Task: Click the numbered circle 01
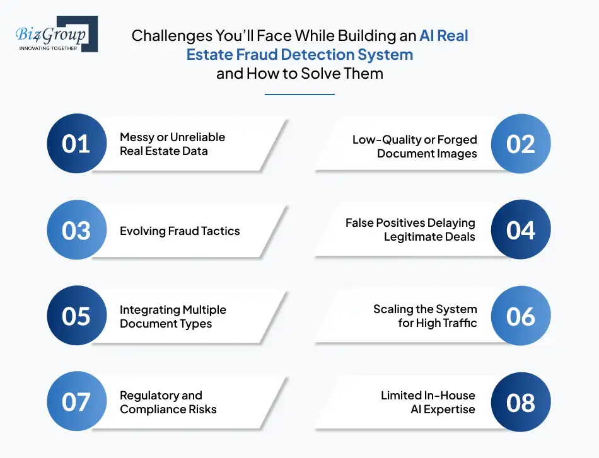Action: (76, 144)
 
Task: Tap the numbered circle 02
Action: (521, 144)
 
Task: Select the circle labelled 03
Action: (76, 230)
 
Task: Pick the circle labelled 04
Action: (521, 230)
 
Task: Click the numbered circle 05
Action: (76, 316)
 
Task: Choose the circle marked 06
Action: (521, 316)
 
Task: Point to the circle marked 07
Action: (76, 402)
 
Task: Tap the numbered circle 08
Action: (521, 402)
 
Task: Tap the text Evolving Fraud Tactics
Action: (180, 231)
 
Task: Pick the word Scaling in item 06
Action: (393, 309)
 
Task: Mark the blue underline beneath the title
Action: (299, 94)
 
